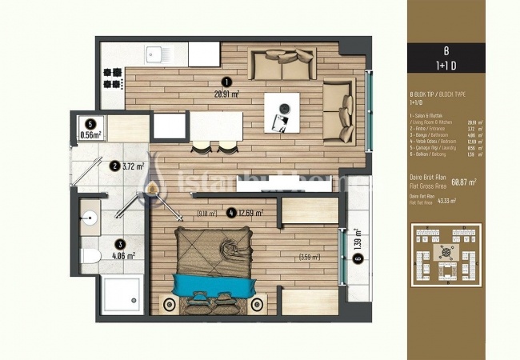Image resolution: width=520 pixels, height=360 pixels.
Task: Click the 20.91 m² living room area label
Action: (228, 94)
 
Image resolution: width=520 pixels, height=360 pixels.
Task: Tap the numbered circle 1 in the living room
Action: (227, 81)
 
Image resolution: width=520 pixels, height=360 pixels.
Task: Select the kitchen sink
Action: (155, 54)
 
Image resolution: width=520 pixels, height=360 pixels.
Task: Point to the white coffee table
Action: (283, 110)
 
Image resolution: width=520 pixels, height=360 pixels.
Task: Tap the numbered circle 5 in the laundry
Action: (91, 124)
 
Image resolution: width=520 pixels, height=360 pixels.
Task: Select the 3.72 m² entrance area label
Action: (134, 166)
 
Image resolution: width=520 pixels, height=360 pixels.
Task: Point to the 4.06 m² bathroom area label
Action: (124, 256)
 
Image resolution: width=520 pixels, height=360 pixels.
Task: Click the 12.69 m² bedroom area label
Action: (250, 213)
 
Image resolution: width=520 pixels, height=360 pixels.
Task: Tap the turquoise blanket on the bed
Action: (212, 283)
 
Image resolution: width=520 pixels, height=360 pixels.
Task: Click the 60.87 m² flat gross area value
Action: (463, 182)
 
